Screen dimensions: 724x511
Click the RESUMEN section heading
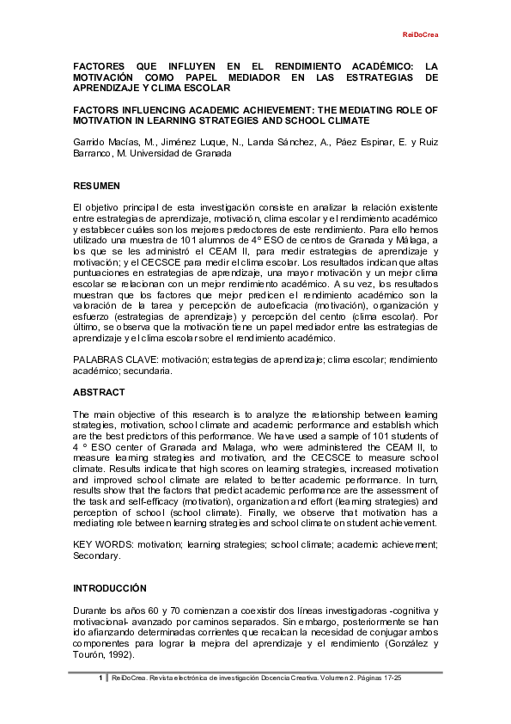(96, 186)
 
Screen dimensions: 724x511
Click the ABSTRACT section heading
(98, 391)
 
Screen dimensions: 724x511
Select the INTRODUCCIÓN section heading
(110, 588)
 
